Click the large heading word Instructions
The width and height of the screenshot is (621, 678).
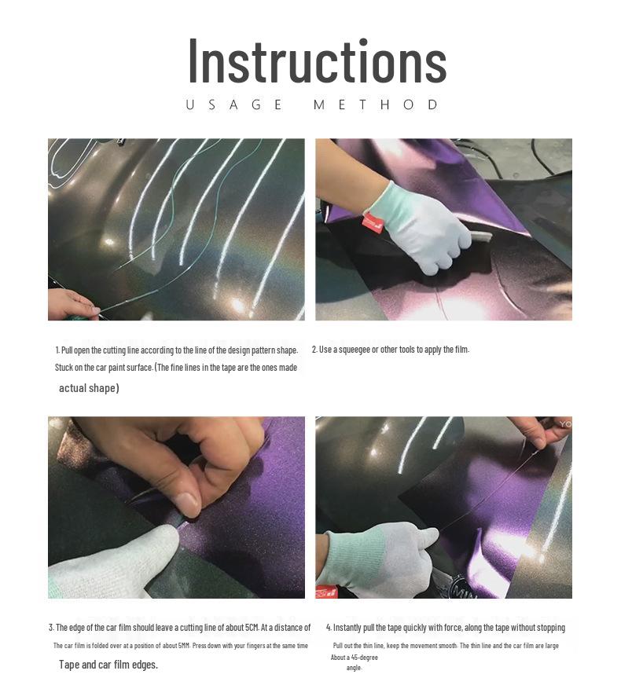point(318,61)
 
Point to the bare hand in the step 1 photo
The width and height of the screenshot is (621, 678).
point(72,303)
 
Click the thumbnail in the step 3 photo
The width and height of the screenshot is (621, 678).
point(187,504)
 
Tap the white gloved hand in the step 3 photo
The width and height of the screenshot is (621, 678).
point(112,562)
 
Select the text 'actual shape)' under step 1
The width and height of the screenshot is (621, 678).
point(89,388)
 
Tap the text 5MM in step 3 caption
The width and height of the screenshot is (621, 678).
point(183,646)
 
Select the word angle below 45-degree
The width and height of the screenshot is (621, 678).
point(354,668)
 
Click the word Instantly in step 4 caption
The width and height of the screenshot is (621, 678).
point(347,628)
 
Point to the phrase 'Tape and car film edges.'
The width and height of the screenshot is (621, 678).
point(108,665)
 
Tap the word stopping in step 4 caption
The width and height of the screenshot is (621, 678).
point(550,628)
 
